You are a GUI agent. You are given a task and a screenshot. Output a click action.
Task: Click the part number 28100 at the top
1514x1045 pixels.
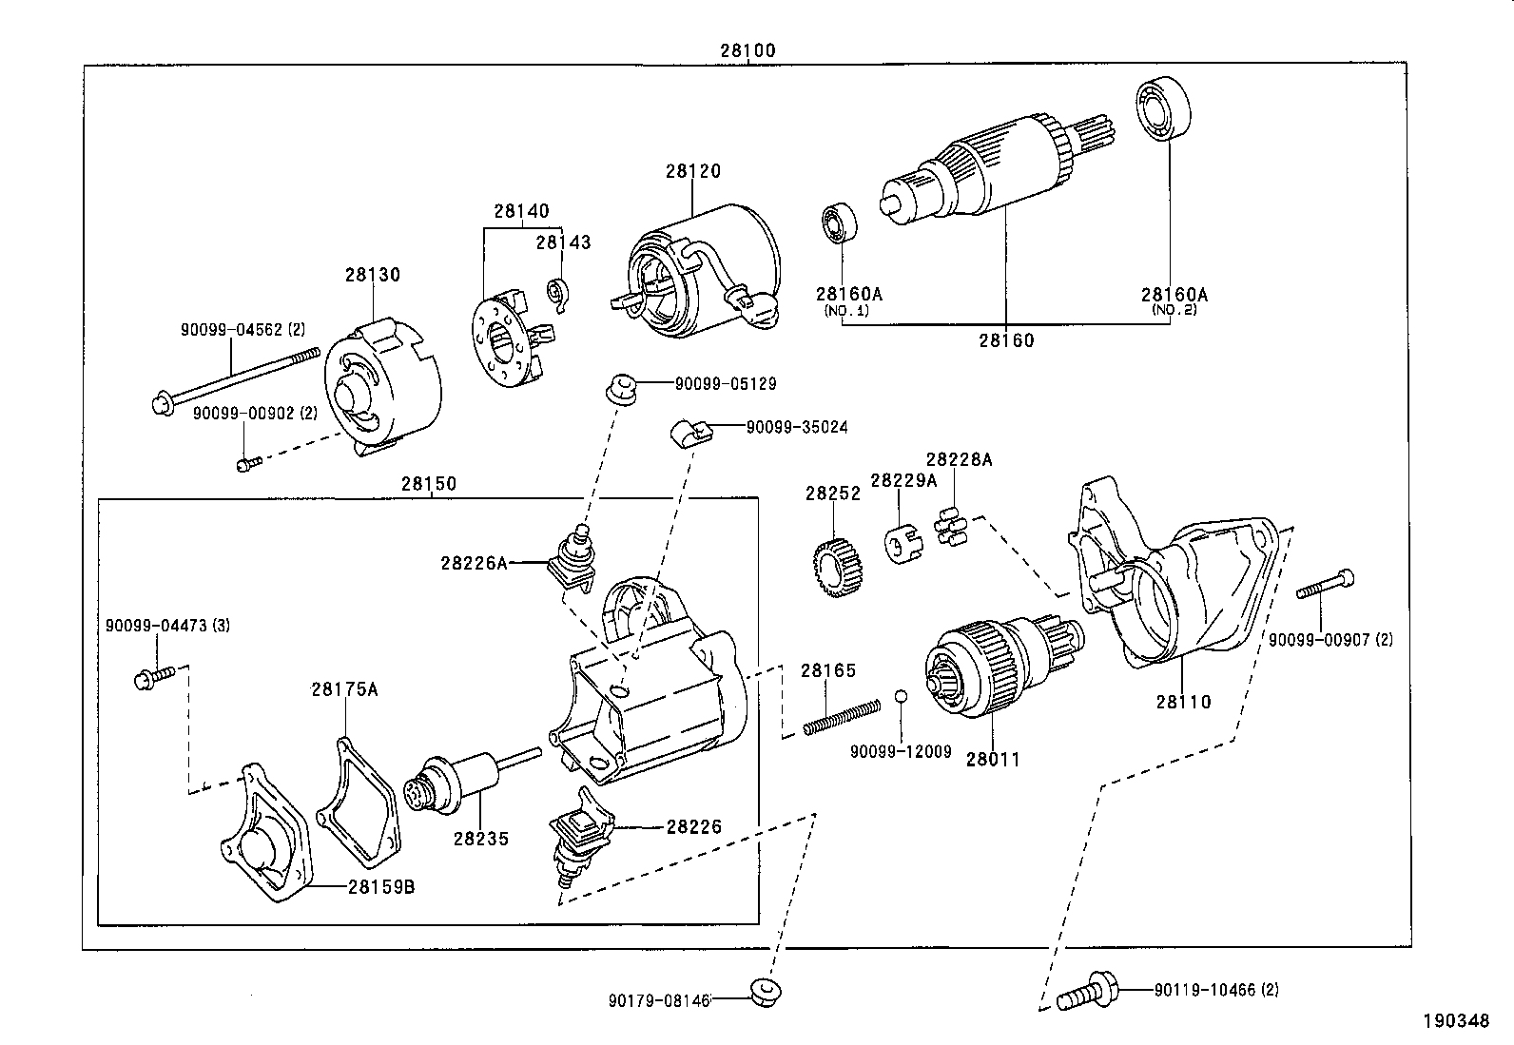click(747, 50)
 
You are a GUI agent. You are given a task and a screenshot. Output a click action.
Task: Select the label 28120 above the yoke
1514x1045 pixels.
click(692, 171)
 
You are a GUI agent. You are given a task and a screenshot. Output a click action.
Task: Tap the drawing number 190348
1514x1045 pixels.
click(1456, 1020)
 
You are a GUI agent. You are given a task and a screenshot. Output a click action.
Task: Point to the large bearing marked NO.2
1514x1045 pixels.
click(1162, 108)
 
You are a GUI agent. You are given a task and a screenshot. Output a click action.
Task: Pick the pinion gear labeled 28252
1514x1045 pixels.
click(838, 567)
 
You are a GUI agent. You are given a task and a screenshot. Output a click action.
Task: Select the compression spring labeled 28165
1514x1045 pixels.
click(842, 717)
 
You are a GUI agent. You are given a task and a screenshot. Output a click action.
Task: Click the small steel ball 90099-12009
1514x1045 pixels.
click(901, 696)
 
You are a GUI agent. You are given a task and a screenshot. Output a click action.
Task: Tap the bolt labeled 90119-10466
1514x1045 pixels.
click(1087, 992)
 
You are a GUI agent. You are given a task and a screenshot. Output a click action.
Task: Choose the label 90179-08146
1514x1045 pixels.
click(659, 1000)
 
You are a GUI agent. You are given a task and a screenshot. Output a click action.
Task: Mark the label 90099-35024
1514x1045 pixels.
click(797, 427)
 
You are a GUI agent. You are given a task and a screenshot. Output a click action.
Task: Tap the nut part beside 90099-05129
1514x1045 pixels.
click(621, 388)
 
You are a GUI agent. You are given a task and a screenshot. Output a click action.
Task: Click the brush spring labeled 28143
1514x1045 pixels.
click(558, 295)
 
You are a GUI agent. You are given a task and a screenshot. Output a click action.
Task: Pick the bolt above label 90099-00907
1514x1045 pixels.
click(1325, 585)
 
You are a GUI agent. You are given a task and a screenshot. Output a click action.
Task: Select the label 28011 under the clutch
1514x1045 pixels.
click(992, 759)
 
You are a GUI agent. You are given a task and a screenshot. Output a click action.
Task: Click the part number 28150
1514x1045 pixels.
click(429, 483)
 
